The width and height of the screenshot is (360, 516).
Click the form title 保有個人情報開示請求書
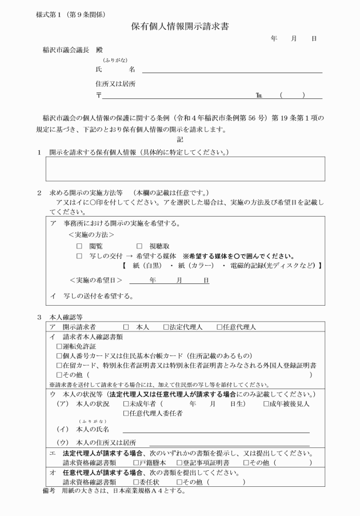[180, 26]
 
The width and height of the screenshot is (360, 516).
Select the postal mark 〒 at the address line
[99, 95]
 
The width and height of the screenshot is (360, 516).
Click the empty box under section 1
[185, 169]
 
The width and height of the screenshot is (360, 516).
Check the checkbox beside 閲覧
[80, 245]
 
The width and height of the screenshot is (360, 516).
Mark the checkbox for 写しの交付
[80, 256]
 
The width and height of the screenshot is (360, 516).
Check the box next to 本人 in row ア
[126, 327]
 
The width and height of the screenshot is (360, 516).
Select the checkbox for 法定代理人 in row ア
[166, 327]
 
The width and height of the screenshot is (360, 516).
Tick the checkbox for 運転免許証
[59, 346]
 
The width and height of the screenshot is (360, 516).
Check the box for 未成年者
[126, 404]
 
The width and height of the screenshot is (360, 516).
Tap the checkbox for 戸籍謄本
[136, 462]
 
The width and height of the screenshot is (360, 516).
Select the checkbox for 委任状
[136, 482]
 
